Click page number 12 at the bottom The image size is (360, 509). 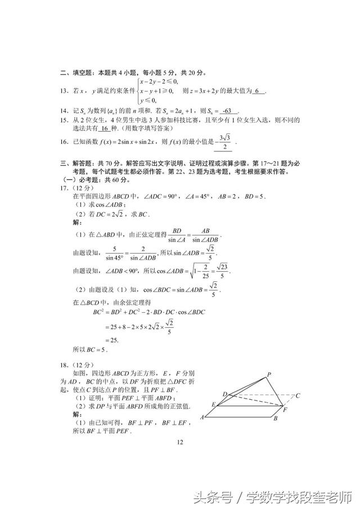pyautogui.click(x=180, y=442)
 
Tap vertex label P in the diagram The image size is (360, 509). pyautogui.click(x=269, y=375)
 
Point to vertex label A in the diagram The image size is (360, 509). pyautogui.click(x=201, y=418)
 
